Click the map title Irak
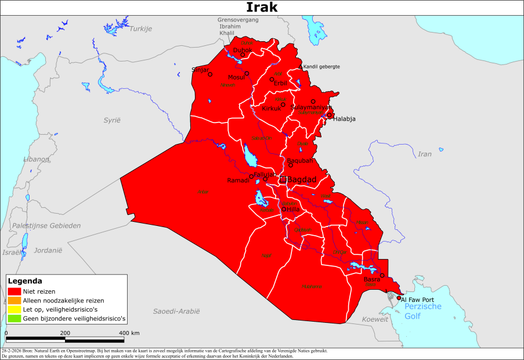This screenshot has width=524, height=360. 262,7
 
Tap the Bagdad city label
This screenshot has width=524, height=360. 302,180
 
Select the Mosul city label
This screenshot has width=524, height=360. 236,77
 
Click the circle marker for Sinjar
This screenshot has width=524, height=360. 210,74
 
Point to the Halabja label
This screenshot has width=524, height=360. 344,119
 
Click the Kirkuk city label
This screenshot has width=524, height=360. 271,109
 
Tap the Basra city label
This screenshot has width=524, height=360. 371,280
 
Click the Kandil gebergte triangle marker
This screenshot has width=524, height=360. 300,67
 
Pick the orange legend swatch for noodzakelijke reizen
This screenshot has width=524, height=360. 15,301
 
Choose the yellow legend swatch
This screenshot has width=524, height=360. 15,309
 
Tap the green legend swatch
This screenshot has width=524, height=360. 15,318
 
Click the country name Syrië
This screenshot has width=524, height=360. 111,120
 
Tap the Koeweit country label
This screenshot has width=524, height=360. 375,319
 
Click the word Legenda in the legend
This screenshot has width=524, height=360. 25,281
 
